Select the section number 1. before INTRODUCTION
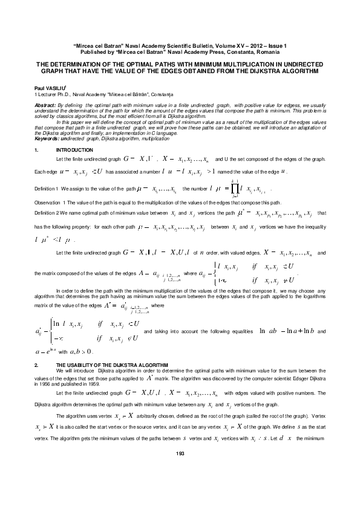37,149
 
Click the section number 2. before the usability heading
37,366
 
